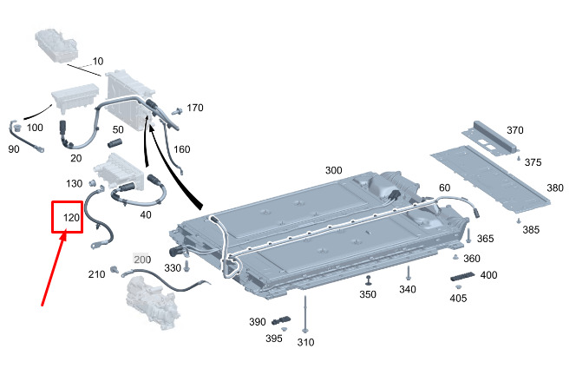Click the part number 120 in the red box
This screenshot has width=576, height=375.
[x=72, y=219]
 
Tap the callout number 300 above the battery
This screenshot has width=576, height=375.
[x=334, y=170]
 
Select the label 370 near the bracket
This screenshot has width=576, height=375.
[x=515, y=130]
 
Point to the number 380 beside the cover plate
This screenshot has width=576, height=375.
[x=554, y=187]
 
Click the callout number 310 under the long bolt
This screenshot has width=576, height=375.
[x=305, y=342]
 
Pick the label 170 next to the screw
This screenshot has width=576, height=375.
[x=195, y=108]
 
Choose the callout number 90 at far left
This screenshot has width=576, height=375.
[x=14, y=149]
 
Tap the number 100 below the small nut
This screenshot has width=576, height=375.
[x=35, y=128]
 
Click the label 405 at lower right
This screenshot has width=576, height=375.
[x=457, y=299]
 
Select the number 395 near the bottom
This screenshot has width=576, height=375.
[x=273, y=339]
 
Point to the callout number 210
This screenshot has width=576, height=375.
[x=96, y=274]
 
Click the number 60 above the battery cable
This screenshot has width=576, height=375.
[x=444, y=188]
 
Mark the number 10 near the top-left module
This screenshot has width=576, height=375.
[x=97, y=62]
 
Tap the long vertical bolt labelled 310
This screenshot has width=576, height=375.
[x=305, y=312]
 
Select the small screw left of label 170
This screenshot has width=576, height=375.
[x=177, y=110]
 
